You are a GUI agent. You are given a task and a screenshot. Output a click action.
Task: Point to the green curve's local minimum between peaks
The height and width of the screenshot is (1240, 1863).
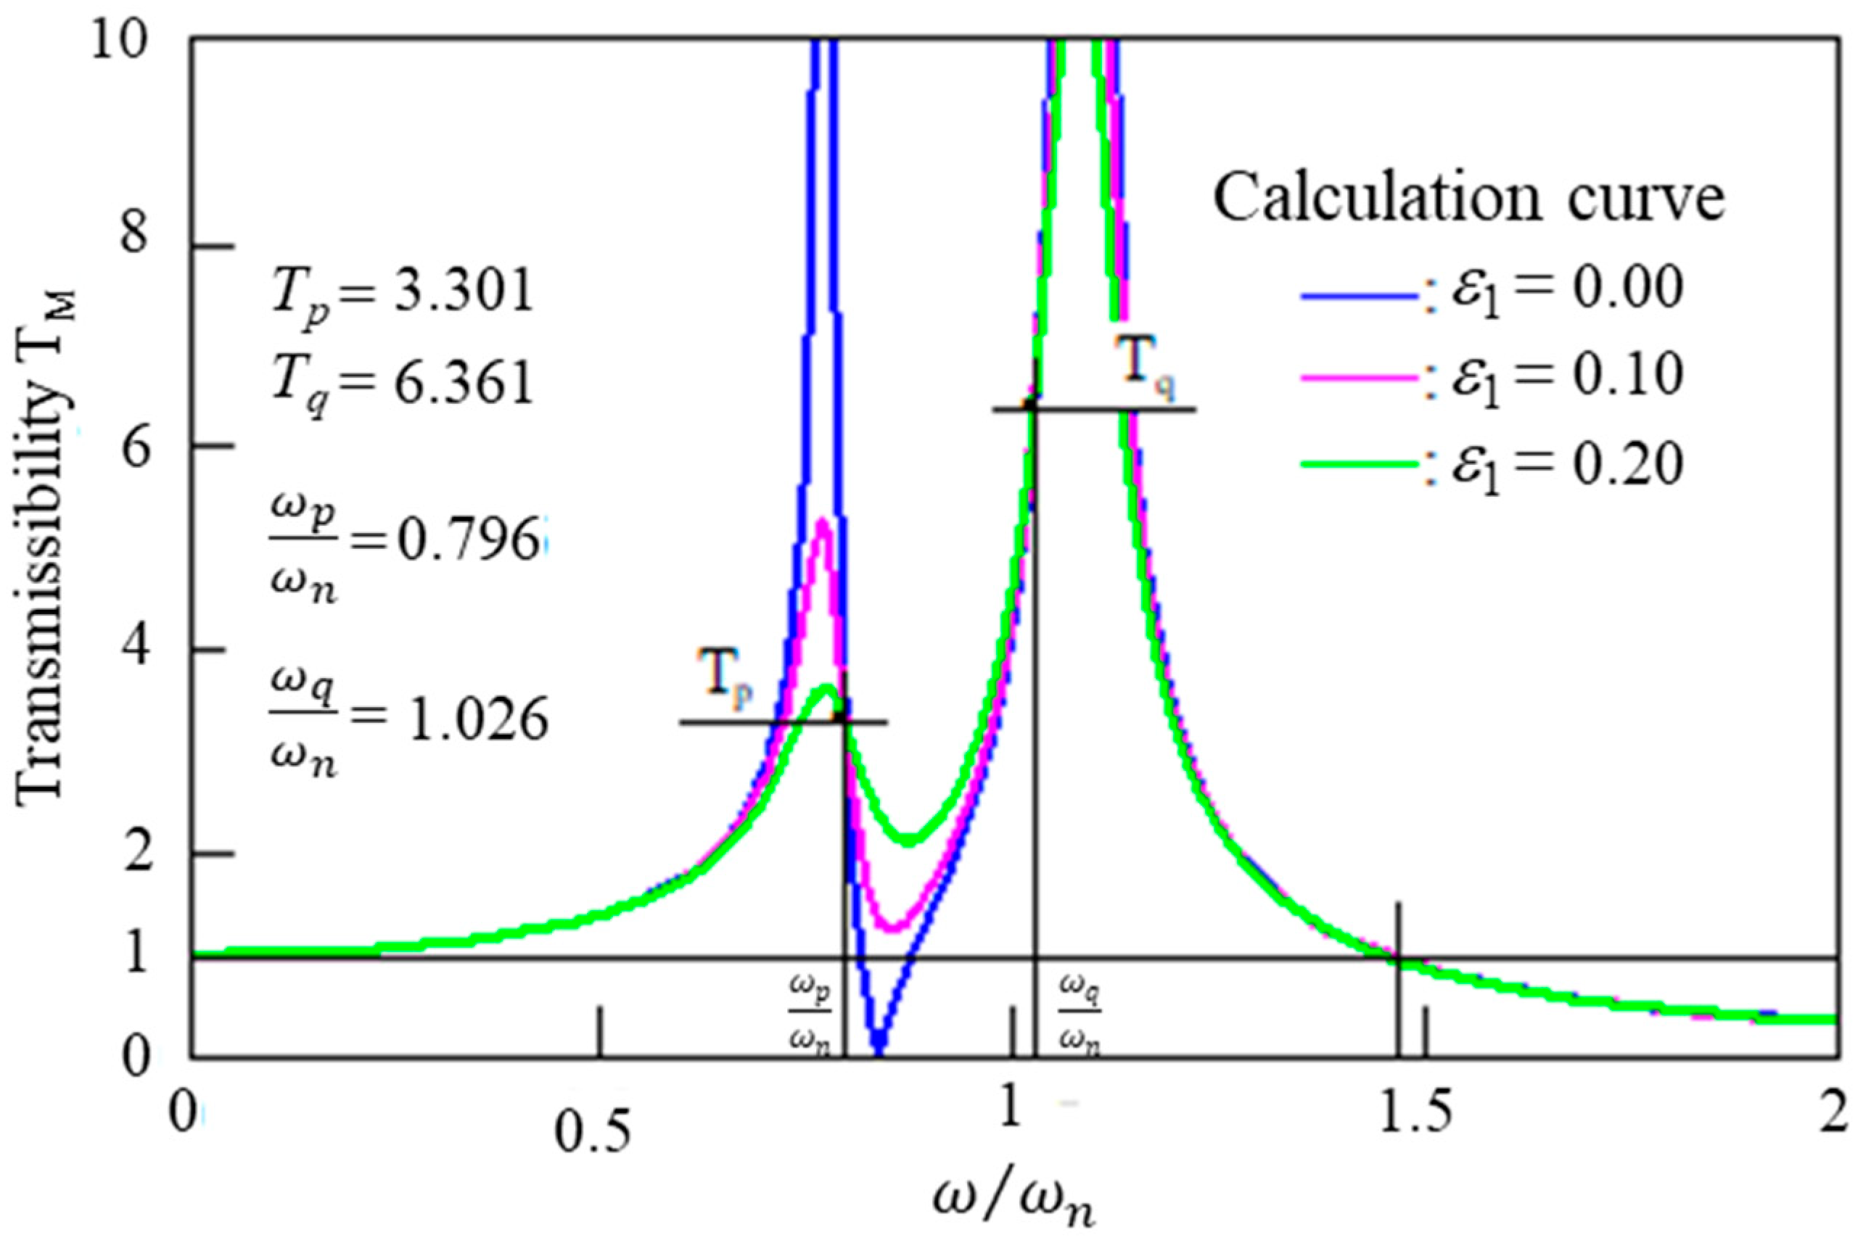coord(910,840)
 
